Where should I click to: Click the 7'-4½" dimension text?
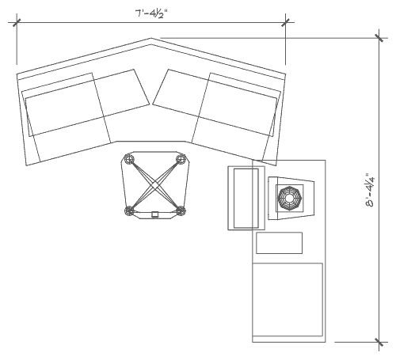pos(151,14)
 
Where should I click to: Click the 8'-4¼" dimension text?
pos(370,191)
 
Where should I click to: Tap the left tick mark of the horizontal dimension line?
pos(17,22)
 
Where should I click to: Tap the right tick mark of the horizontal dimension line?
pos(285,22)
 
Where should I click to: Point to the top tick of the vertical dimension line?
pos(379,38)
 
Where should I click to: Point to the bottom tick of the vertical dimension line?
pos(379,343)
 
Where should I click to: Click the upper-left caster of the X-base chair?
pos(129,159)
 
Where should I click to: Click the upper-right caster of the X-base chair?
pos(181,159)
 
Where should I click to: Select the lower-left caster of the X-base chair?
pos(129,211)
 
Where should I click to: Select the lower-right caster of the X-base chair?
pos(181,211)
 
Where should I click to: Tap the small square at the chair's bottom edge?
pos(155,214)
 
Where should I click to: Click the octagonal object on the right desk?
pos(290,199)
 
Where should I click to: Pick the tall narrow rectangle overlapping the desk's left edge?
pos(246,198)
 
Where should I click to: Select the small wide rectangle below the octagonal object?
pos(280,243)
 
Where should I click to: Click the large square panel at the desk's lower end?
pos(287,300)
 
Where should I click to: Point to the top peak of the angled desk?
pos(151,39)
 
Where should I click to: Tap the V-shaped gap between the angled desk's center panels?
pos(151,104)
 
